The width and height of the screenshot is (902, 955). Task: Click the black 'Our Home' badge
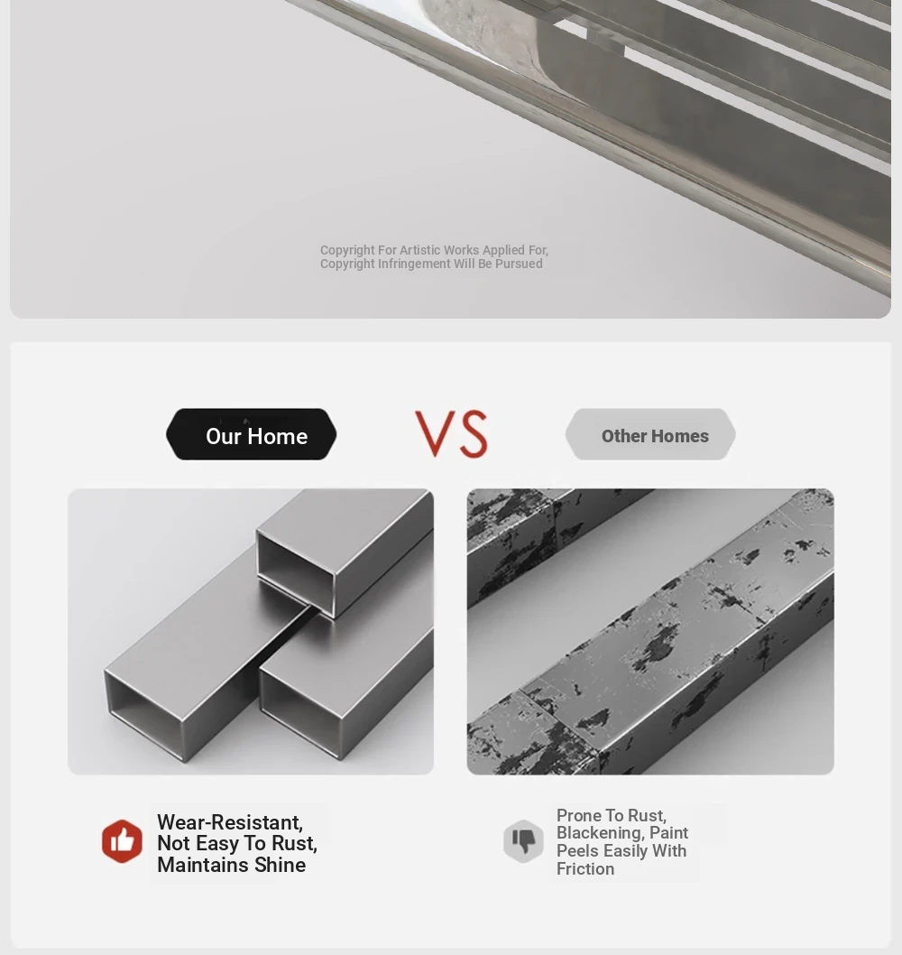[252, 434]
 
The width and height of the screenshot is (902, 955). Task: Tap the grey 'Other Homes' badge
[650, 434]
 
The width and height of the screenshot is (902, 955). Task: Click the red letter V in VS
[436, 433]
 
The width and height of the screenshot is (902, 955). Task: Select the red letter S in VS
[474, 434]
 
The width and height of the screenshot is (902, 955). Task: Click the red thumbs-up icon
[123, 841]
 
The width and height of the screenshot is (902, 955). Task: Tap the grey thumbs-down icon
[523, 841]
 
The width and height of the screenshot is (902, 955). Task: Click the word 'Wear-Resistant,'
[230, 822]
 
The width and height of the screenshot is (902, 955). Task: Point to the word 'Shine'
[280, 865]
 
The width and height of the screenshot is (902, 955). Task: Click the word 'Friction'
[585, 868]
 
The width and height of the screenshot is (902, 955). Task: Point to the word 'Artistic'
[419, 250]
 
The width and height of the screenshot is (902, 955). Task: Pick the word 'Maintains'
[203, 865]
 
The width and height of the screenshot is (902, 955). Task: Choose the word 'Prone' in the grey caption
[579, 815]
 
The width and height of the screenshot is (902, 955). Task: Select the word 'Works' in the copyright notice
[460, 250]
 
